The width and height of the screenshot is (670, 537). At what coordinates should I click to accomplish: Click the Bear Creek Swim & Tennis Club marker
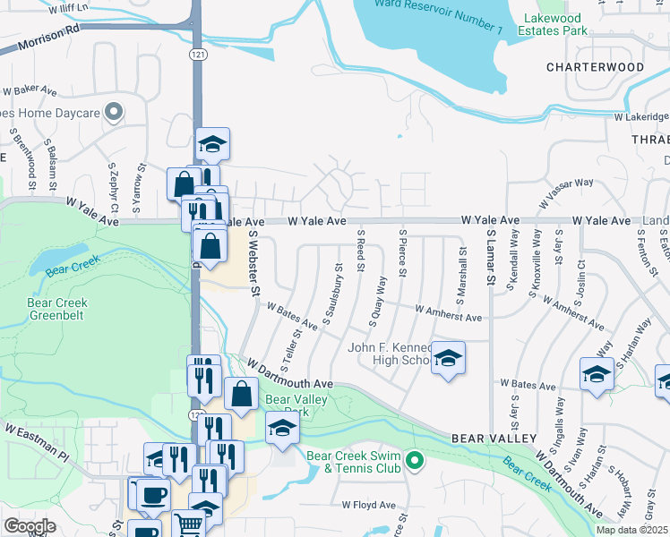(x=414, y=462)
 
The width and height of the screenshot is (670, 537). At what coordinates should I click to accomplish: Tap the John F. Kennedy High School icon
(x=447, y=359)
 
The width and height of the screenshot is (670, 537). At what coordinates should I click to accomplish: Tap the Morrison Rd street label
(x=40, y=41)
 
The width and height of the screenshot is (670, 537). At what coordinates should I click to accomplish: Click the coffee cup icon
(x=152, y=494)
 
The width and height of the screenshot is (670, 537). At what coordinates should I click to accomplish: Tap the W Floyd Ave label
(x=368, y=505)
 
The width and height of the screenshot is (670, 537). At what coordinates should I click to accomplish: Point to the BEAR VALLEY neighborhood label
(x=494, y=438)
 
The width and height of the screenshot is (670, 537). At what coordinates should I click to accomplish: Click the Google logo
(x=30, y=525)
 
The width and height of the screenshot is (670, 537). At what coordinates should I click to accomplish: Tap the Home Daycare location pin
(x=113, y=112)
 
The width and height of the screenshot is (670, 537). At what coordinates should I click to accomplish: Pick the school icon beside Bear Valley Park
(x=282, y=428)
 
